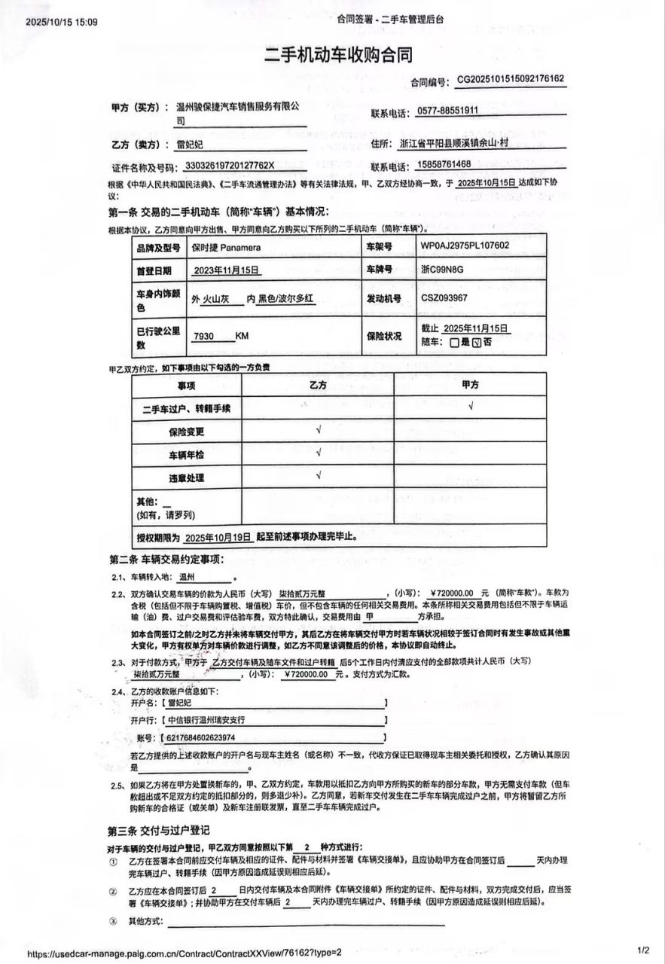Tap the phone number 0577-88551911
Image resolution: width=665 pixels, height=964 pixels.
(x=448, y=111)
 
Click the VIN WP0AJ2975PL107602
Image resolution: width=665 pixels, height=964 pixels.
(x=465, y=246)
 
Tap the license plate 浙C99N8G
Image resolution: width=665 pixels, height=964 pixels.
(x=442, y=269)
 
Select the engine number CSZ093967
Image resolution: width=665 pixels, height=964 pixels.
(x=444, y=297)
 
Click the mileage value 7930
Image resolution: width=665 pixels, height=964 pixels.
(x=203, y=336)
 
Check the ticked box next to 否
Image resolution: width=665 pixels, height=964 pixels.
(x=476, y=341)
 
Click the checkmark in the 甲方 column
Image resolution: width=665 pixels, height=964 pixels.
(x=470, y=407)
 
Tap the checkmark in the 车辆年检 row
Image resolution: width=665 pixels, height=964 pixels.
(x=319, y=453)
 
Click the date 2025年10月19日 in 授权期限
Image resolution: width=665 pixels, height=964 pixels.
(x=217, y=538)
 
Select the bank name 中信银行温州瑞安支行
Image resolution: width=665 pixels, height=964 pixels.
(x=205, y=719)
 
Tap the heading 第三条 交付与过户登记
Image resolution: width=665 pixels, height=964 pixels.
(x=158, y=830)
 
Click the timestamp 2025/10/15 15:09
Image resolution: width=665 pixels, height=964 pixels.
(x=62, y=22)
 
